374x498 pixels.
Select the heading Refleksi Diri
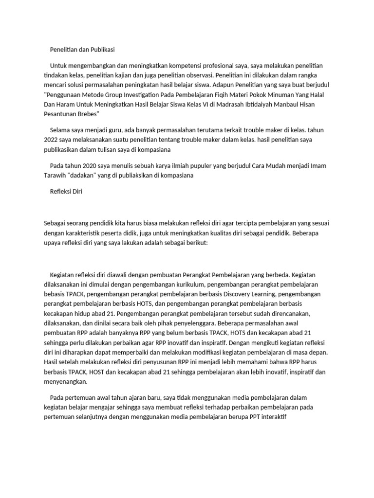pos(66,192)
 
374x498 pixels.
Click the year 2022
pos(52,140)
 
